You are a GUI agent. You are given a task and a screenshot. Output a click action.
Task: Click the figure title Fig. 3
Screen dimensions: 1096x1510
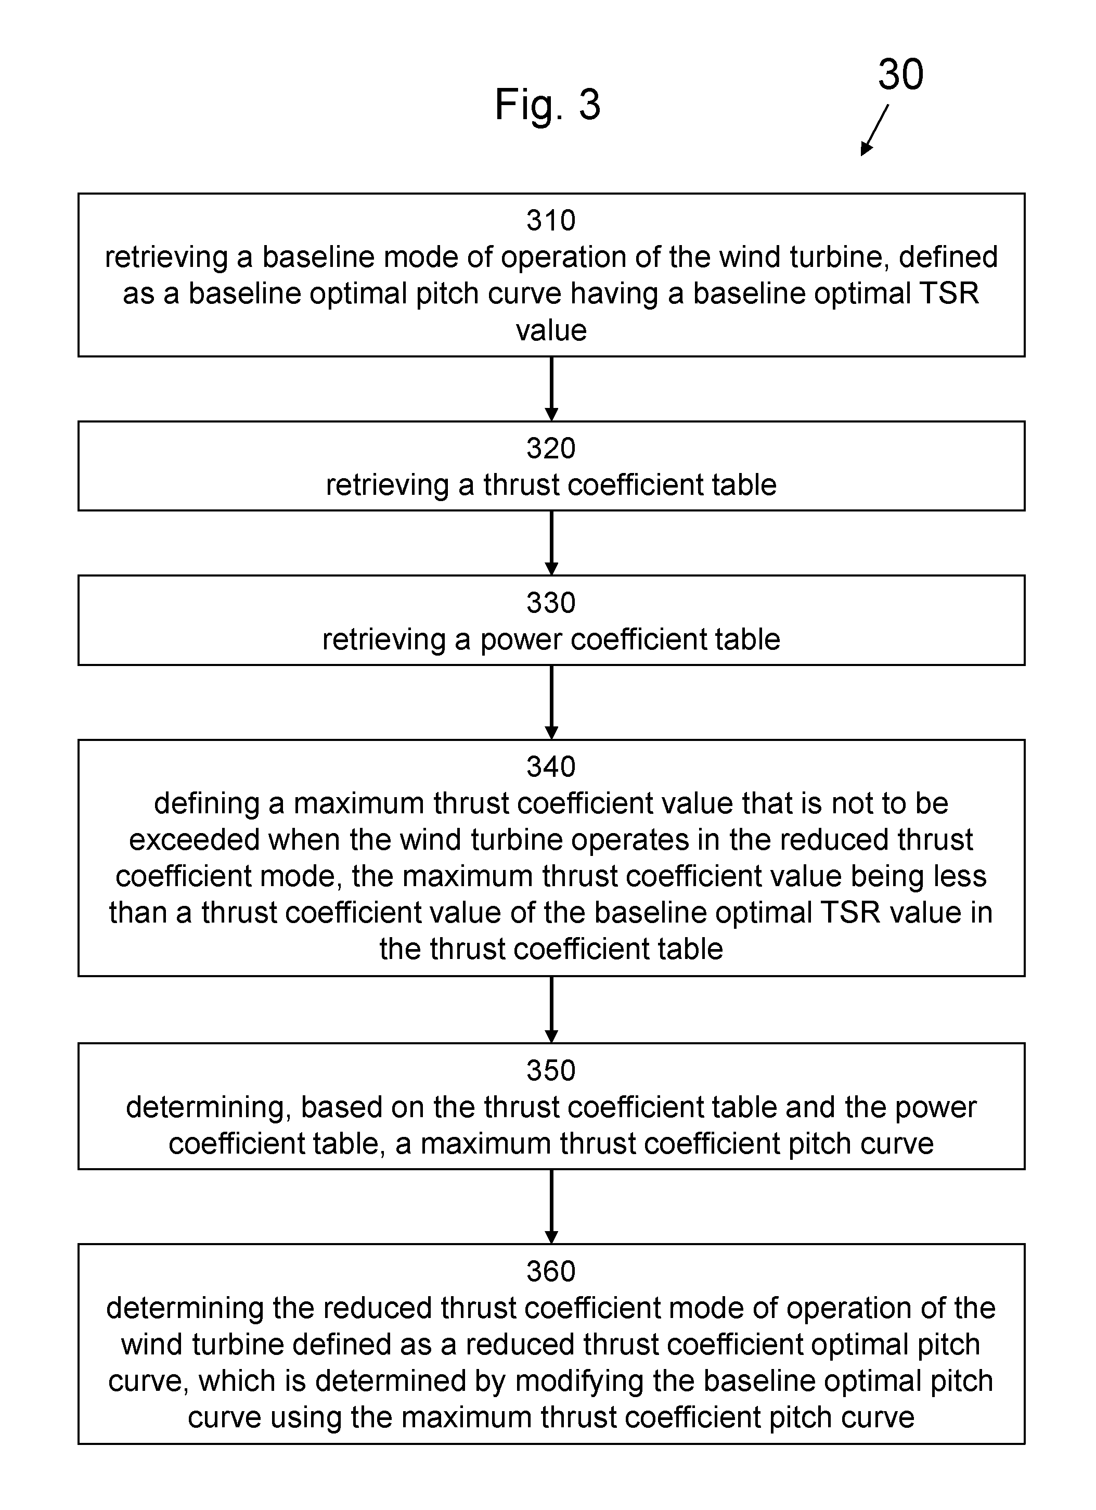pos(547,105)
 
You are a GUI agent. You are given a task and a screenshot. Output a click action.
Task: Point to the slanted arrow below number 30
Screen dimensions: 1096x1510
pos(874,130)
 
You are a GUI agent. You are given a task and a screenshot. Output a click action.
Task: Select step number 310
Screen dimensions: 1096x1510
pos(550,221)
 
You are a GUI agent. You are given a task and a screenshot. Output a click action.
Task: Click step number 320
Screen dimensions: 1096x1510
pos(550,448)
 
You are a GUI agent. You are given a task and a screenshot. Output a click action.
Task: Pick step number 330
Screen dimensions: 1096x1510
pos(550,603)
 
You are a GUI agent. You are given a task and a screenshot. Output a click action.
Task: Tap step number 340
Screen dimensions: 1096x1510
pos(550,766)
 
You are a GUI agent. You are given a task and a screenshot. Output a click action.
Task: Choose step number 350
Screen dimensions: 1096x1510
pos(550,1070)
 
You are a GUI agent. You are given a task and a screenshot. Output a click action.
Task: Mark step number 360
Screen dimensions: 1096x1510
pos(550,1271)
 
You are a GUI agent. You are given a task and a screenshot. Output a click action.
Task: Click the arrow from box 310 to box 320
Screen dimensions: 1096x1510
pos(551,389)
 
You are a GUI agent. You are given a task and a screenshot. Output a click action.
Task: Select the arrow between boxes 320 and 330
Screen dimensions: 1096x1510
pos(551,543)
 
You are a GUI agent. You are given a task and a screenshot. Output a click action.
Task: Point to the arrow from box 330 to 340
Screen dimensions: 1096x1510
pos(551,702)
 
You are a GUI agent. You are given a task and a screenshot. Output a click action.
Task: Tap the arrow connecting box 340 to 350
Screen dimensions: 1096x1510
pos(551,1010)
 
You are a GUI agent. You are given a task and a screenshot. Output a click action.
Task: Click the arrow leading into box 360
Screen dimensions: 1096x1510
pos(551,1207)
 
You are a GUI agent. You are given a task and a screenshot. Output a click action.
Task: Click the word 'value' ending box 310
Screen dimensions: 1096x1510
pos(551,330)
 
